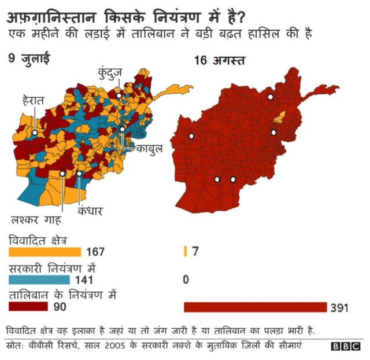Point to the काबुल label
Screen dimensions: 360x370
pyautogui.click(x=149, y=149)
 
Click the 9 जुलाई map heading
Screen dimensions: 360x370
pyautogui.click(x=29, y=58)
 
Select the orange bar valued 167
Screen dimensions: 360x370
pyautogui.click(x=45, y=252)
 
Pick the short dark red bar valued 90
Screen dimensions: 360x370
pyautogui.click(x=29, y=306)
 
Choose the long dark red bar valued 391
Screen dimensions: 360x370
pyautogui.click(x=255, y=307)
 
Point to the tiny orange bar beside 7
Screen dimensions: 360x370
pyautogui.click(x=184, y=251)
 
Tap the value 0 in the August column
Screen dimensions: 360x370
pyautogui.click(x=186, y=280)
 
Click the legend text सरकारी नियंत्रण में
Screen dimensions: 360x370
pyautogui.click(x=51, y=269)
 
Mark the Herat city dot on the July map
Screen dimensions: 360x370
pyautogui.click(x=35, y=133)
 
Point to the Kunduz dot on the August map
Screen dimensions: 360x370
pyautogui.click(x=270, y=97)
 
